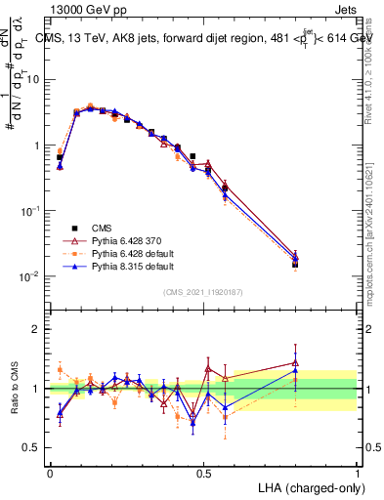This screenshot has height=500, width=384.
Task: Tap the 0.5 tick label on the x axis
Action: [203, 473]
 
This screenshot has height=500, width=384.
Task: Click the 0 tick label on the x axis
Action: [50, 473]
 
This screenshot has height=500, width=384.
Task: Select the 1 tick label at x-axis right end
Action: [356, 473]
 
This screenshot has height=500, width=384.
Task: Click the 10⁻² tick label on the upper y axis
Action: [29, 276]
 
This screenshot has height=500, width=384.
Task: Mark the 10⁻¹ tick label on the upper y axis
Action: [29, 211]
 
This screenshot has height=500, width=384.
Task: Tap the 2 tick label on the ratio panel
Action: [37, 329]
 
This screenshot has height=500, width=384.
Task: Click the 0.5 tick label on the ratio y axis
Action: [32, 447]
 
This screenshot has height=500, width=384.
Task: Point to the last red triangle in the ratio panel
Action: [295, 362]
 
